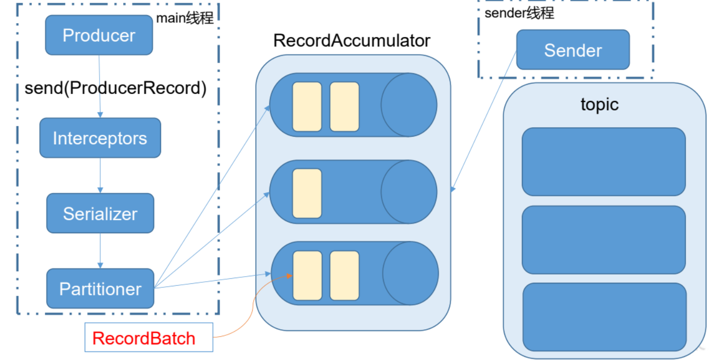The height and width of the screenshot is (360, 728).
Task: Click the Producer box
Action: point(99,35)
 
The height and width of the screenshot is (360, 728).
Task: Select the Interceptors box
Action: point(100,138)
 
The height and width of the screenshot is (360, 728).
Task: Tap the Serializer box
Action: point(100,213)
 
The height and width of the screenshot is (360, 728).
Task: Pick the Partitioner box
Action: point(100,288)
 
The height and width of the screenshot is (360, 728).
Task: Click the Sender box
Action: point(573,49)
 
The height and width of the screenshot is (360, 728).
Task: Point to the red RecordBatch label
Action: point(143,338)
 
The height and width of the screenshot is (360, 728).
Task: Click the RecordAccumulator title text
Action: point(352,40)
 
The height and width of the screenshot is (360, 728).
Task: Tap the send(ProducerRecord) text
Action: point(115,88)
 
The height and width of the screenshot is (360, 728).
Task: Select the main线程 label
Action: point(184,18)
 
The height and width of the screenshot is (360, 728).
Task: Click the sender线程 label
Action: point(519,13)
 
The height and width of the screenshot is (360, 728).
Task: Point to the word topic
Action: point(599,105)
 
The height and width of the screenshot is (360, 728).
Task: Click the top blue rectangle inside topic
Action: point(604,162)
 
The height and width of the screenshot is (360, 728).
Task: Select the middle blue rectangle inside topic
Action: point(604,240)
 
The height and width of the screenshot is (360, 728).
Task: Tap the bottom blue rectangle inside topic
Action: point(605,317)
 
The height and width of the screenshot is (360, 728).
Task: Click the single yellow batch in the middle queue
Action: point(307,193)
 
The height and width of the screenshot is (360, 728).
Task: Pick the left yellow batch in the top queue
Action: point(307,107)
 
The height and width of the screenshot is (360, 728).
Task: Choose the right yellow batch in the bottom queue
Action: point(345,276)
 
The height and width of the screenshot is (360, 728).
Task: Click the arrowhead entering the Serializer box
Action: point(100,190)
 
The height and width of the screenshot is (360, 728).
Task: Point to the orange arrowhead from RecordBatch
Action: point(289,276)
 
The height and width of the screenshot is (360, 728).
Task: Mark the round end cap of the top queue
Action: point(409,105)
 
